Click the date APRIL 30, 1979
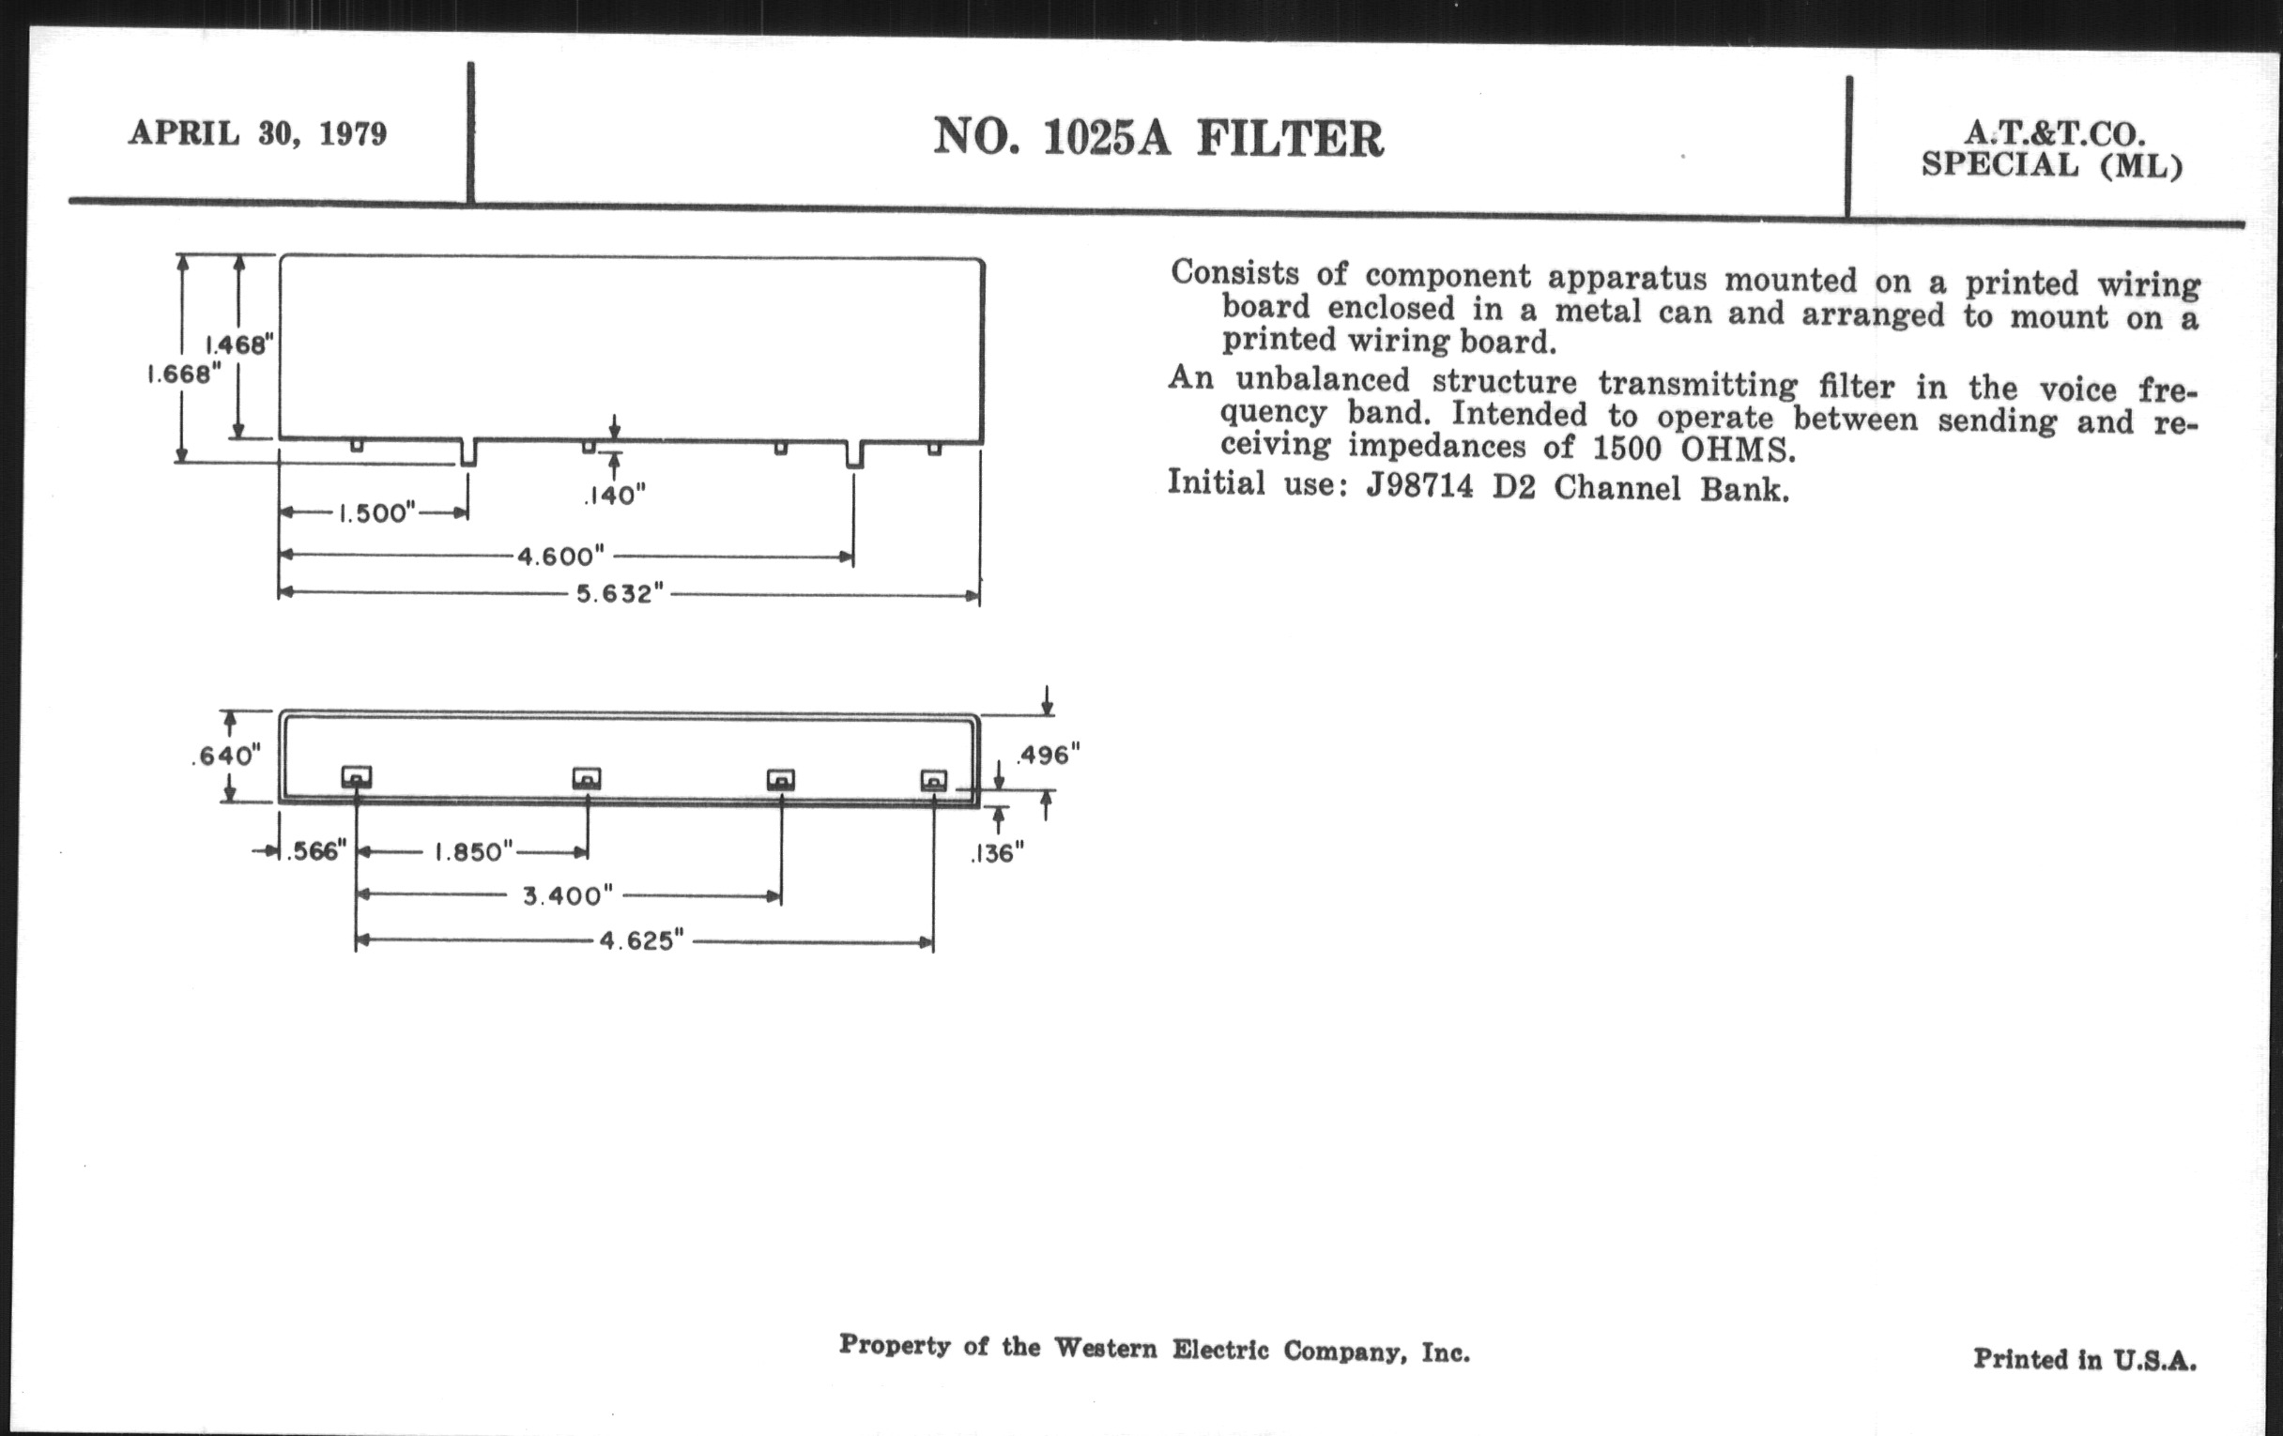258,132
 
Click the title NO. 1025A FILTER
1158,138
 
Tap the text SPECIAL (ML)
2052,166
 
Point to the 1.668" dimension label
184,374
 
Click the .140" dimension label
614,495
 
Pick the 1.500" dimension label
377,512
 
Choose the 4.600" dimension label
560,556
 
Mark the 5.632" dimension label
621,594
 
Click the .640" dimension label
225,756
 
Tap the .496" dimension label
1048,755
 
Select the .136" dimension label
996,854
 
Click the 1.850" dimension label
474,852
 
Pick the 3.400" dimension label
568,895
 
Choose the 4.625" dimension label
641,941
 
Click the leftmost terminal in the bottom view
357,777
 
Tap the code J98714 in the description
1419,486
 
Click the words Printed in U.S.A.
2085,1359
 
